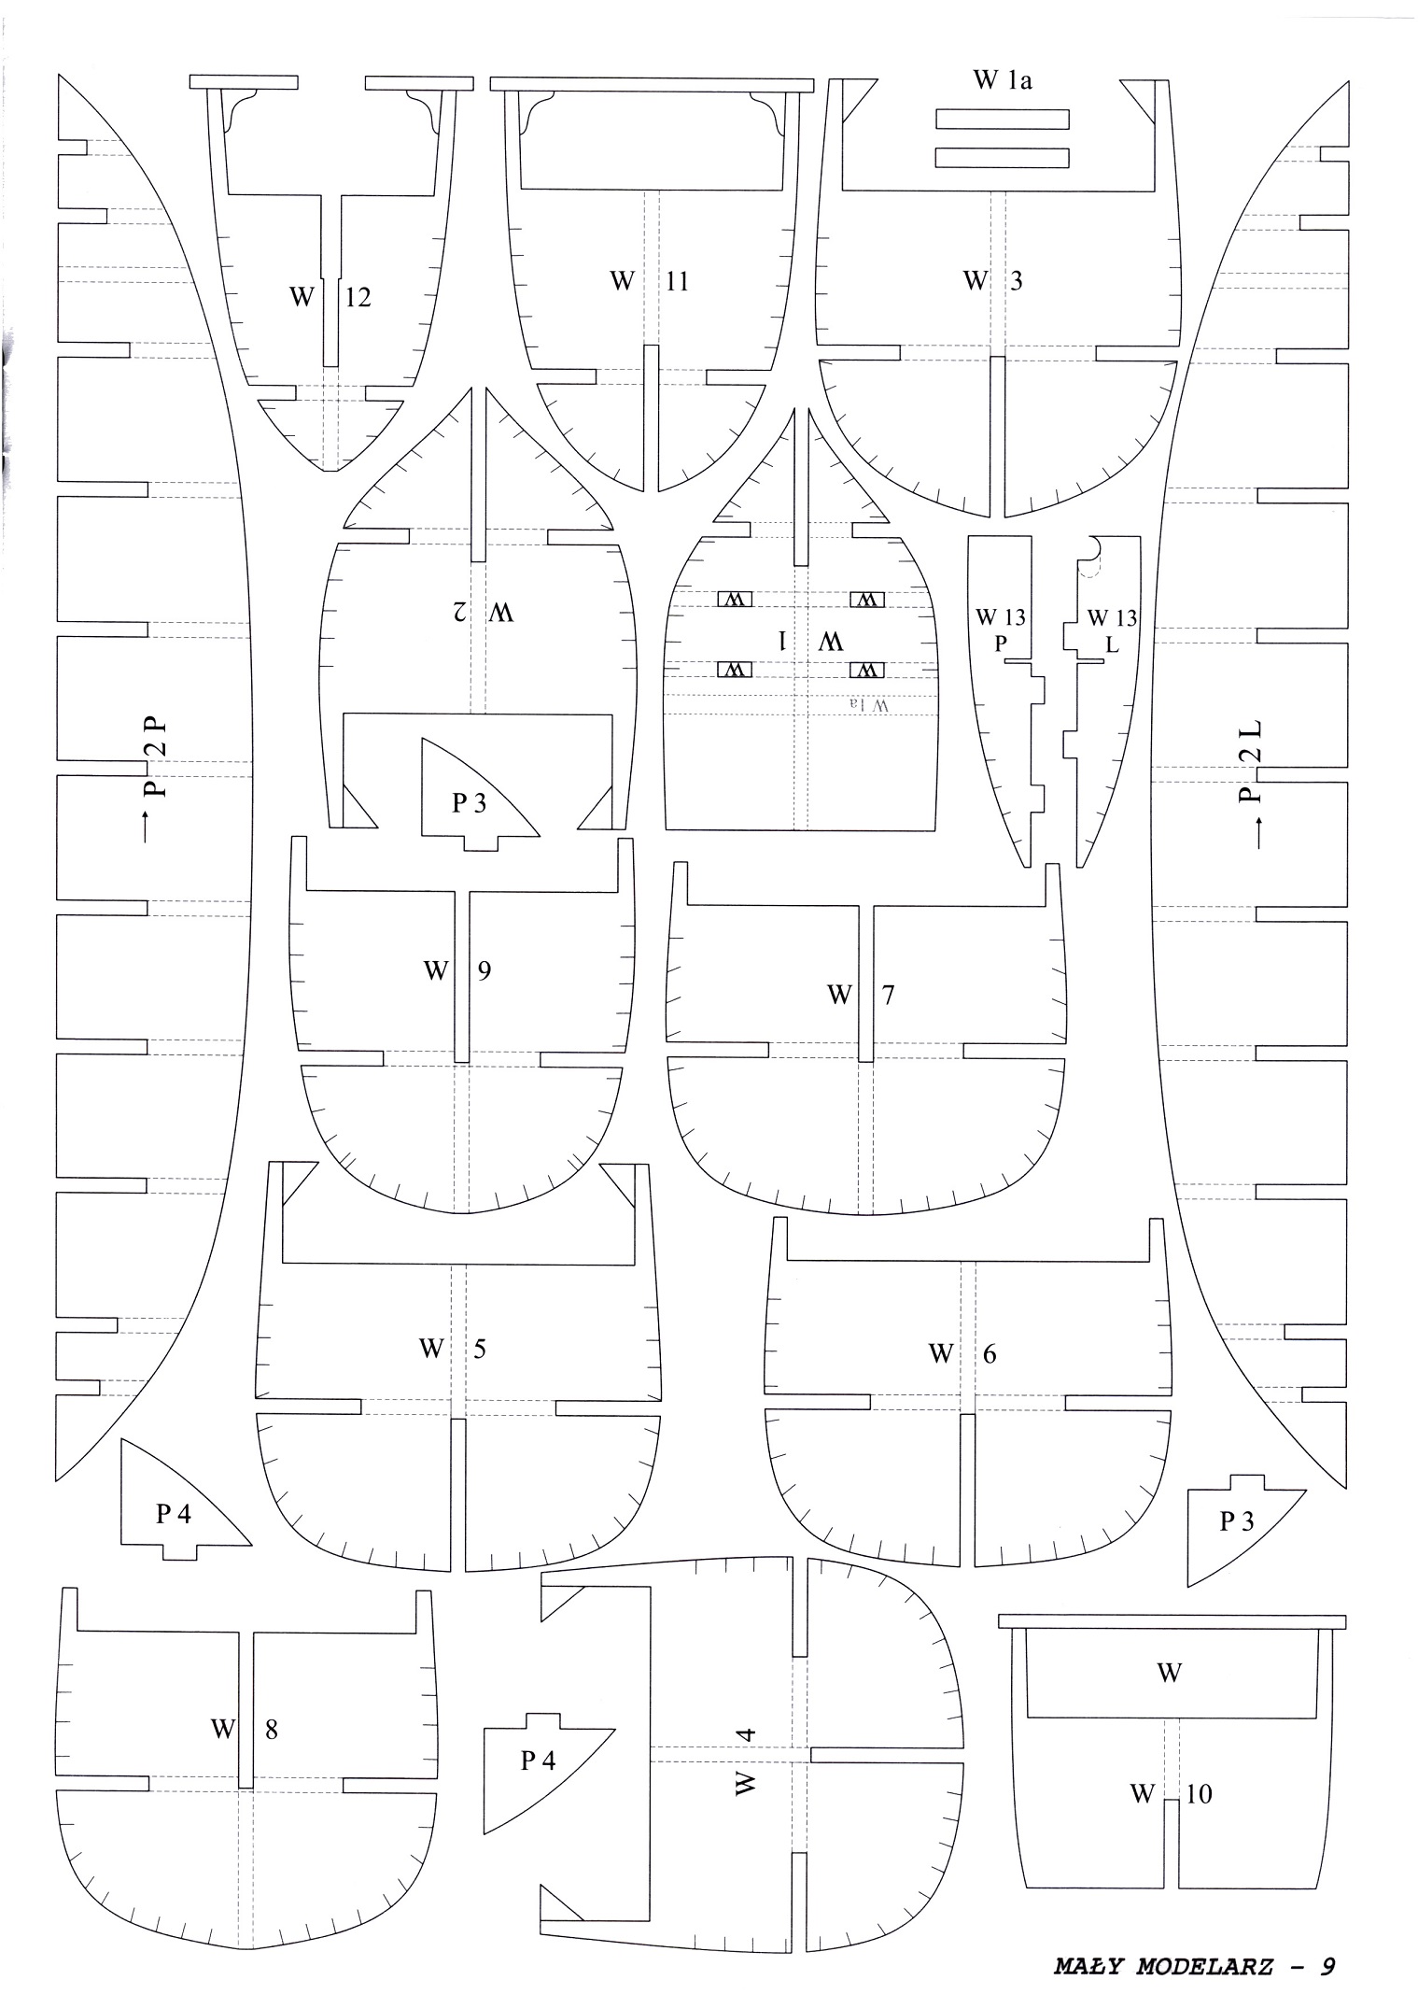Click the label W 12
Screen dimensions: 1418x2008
coord(330,297)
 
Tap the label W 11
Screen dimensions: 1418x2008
coord(650,281)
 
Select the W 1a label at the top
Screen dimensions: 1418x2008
coord(1004,80)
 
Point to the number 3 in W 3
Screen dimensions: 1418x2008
coord(1015,280)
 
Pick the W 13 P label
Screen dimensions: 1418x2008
coord(1001,629)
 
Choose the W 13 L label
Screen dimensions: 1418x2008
coord(1112,630)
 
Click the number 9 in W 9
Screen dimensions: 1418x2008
coord(484,970)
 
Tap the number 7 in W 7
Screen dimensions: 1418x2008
coord(887,995)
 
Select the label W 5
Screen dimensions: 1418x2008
coord(453,1349)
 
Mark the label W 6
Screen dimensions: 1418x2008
coord(962,1353)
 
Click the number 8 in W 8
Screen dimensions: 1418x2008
coord(271,1730)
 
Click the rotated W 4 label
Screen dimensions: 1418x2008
coord(744,1761)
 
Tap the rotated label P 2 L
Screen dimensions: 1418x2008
coord(1249,761)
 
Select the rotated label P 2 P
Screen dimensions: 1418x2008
coord(155,757)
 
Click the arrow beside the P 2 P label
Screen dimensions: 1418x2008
coord(147,828)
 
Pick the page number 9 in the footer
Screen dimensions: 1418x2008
coord(1327,1963)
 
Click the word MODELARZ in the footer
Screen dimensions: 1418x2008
coord(1205,1963)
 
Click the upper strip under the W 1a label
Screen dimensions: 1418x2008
coord(1003,120)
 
